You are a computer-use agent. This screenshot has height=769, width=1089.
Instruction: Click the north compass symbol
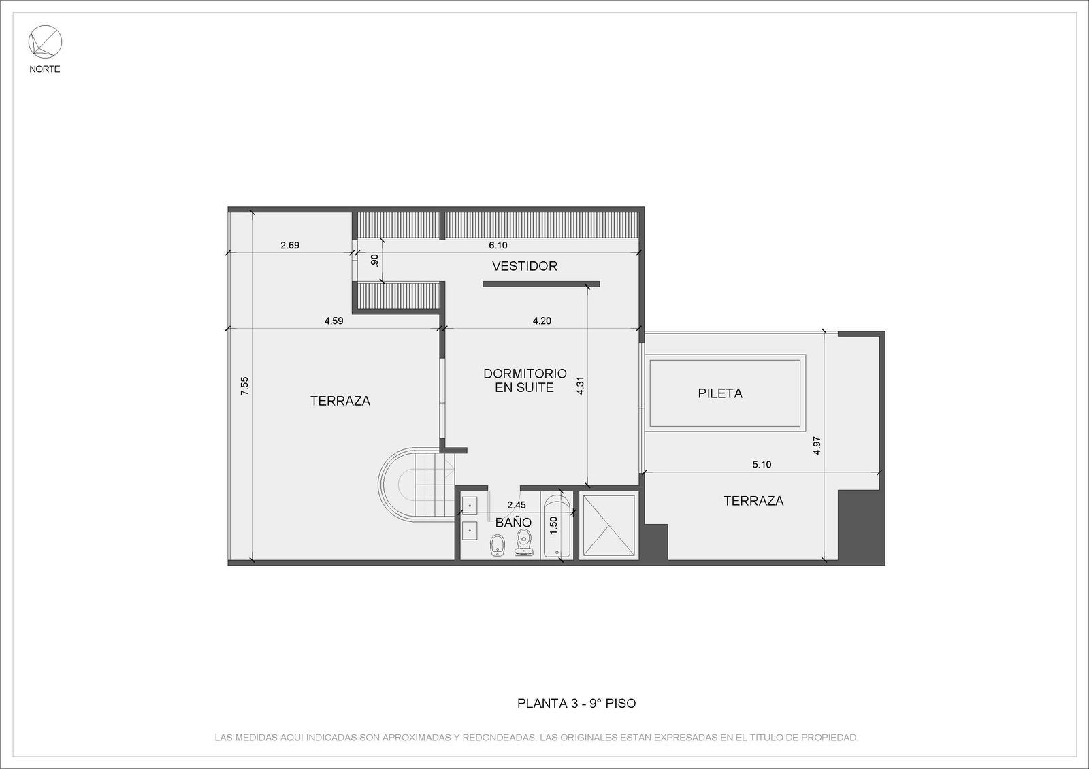[45, 42]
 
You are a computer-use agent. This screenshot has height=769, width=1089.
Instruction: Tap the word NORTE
[45, 69]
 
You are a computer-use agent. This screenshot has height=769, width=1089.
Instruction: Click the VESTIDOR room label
[525, 266]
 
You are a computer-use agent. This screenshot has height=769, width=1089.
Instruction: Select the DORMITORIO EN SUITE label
[525, 380]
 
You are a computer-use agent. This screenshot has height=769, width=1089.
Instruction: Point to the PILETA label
[720, 393]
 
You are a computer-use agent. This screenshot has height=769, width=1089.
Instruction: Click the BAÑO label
[513, 522]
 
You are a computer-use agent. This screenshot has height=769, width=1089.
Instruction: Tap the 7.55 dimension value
[244, 385]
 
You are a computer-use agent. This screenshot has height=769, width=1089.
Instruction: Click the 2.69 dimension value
[290, 245]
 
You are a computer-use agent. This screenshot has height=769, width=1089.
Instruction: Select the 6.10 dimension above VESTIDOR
[498, 245]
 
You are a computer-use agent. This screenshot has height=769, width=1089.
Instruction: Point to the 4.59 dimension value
[334, 321]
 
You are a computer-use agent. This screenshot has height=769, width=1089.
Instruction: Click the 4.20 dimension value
[542, 321]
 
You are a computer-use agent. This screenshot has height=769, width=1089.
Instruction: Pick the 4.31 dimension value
[580, 385]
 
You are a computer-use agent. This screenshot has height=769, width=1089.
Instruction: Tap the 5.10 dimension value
[762, 464]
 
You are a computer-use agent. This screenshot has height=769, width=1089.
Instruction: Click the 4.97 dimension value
[817, 445]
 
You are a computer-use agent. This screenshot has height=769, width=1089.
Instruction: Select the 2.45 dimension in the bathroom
[517, 505]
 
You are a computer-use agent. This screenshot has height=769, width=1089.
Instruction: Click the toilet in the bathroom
[523, 542]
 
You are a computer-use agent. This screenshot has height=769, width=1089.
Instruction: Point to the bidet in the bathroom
[498, 545]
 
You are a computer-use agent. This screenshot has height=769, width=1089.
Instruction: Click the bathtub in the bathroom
[557, 525]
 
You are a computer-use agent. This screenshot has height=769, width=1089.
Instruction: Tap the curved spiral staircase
[416, 484]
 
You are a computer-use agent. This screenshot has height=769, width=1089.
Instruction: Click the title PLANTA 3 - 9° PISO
[576, 704]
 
